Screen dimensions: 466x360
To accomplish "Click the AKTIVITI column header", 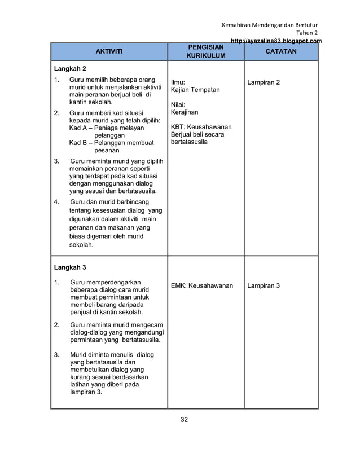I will (108, 52).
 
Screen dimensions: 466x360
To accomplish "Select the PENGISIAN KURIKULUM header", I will (205, 52).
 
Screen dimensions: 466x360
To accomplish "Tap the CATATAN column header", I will (281, 52).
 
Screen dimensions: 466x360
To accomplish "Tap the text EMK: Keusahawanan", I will (202, 285).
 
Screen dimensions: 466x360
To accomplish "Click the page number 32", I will (184, 419).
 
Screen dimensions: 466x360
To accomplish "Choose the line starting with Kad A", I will (106, 128).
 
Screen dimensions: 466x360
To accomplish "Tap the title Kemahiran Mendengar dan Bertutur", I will (270, 25).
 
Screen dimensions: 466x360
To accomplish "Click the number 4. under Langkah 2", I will (56, 201).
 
